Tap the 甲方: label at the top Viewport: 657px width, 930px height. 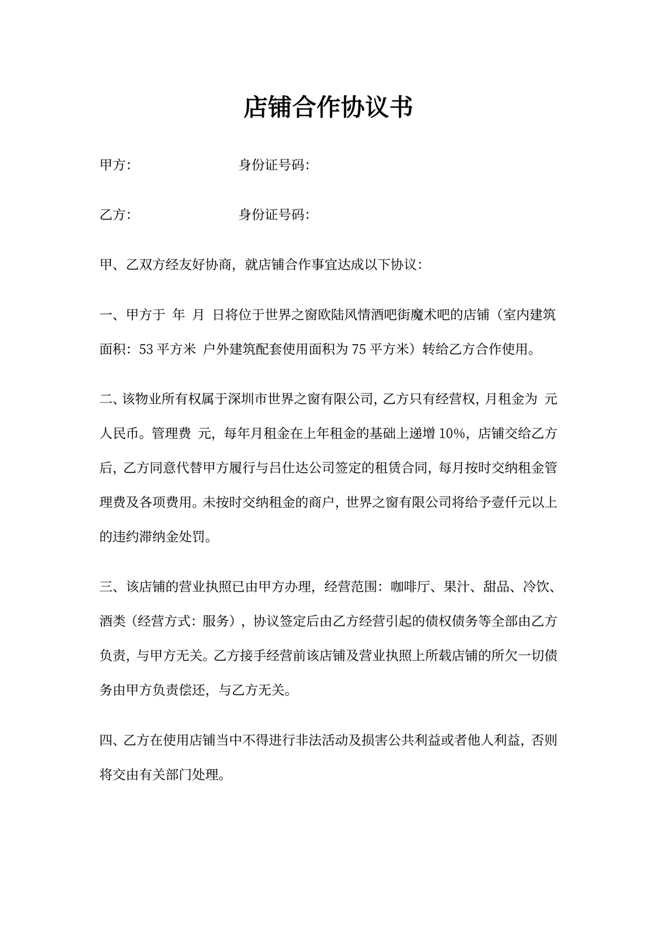point(115,165)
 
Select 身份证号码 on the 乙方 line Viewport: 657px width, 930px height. point(274,214)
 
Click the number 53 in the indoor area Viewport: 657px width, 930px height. point(146,349)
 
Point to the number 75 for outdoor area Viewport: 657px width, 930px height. point(359,349)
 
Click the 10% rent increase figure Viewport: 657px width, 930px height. point(452,434)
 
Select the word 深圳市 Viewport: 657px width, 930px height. point(246,399)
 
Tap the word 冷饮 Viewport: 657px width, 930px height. point(536,587)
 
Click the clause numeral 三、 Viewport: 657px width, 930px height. point(108,587)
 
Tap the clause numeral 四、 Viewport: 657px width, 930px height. point(108,740)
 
